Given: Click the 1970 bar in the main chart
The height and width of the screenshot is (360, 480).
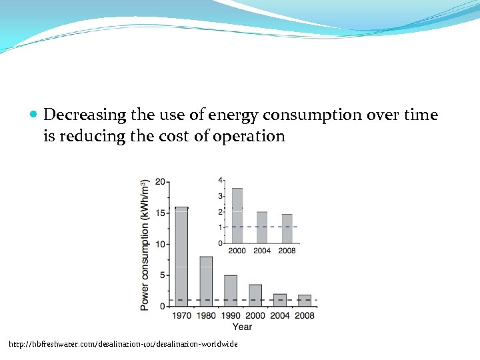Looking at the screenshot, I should coord(181,257).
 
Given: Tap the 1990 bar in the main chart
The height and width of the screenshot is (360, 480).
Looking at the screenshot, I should coord(231,291).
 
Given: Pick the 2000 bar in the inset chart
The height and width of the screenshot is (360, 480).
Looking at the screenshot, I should coord(237,216).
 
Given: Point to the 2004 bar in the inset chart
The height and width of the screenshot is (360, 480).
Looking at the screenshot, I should coord(262,227).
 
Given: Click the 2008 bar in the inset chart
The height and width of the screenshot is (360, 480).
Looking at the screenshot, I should coord(287,229).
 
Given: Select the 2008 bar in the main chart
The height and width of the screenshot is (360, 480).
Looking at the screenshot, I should coord(304,300).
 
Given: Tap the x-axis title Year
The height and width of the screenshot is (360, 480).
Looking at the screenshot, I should coord(242,326).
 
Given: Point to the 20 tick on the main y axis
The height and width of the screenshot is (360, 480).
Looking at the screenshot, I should coord(161,182).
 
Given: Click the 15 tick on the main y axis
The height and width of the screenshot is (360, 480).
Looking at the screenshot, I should coord(161,213).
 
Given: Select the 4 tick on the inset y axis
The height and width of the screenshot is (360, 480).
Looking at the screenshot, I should coord(221,181).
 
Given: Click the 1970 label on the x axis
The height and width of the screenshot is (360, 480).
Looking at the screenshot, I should coord(181,315).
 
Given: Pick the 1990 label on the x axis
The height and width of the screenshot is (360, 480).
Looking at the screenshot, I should coord(231,315).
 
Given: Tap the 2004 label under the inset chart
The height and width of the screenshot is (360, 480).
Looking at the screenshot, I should coord(262,251).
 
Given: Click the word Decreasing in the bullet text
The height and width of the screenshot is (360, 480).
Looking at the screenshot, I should coord(85,115).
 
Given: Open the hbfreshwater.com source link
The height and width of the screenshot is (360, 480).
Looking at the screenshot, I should coord(123,344).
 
